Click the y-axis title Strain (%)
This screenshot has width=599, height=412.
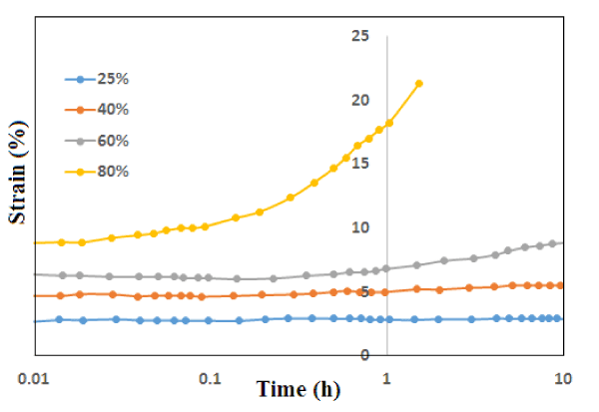(18, 173)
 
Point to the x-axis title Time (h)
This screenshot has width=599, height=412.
(297, 389)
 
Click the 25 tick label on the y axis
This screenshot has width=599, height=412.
(360, 36)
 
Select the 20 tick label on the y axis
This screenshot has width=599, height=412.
(360, 100)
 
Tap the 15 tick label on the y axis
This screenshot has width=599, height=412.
(360, 164)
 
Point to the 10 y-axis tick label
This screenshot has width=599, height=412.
(360, 227)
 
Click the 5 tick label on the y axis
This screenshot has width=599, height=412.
(365, 291)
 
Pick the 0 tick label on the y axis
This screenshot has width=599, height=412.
(365, 355)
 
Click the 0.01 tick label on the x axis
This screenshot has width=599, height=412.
(34, 379)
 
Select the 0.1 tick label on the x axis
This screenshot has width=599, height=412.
(210, 379)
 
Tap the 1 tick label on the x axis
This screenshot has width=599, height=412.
(387, 379)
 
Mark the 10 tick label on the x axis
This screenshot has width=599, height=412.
(564, 379)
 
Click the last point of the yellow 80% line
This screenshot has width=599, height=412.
(418, 83)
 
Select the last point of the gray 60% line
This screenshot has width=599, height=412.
(562, 242)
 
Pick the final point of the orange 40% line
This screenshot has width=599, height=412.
(561, 285)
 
